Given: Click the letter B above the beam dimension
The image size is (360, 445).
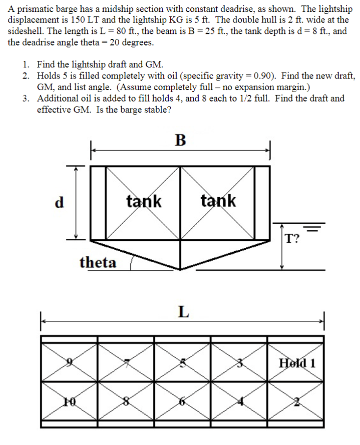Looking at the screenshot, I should (x=180, y=140).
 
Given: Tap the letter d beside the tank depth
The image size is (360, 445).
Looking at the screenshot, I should (x=59, y=202).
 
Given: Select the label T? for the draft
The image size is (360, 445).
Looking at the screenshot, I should (x=294, y=239).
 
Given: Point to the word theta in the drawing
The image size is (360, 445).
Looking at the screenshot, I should (x=98, y=262).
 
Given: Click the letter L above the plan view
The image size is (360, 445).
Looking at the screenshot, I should (x=182, y=312).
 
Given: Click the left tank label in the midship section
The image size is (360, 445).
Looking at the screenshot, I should (x=144, y=201).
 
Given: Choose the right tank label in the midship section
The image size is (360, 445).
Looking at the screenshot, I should (x=218, y=201).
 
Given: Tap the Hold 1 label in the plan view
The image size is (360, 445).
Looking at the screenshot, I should (x=297, y=363).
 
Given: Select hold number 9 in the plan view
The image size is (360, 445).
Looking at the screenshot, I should (x=70, y=363).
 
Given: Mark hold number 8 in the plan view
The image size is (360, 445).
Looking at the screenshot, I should (x=127, y=400).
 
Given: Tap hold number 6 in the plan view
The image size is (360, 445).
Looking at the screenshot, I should (x=182, y=400).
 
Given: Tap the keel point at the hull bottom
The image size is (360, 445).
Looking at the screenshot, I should (x=180, y=269).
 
